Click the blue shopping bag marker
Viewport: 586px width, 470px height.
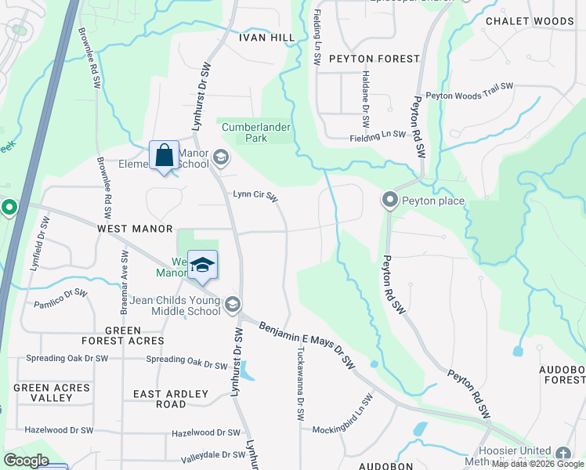point(164,155)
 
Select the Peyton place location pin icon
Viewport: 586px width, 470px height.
point(390,201)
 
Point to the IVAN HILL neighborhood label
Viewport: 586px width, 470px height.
point(266,38)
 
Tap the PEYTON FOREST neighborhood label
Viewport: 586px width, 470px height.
point(369,58)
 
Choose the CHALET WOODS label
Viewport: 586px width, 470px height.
point(529,21)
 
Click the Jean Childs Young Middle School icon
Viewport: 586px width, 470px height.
point(232,303)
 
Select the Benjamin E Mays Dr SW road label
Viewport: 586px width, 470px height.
point(307,345)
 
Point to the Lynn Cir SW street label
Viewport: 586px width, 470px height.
point(255,197)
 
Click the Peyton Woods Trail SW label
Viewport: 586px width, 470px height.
point(469,91)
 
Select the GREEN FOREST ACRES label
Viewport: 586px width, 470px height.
point(123,335)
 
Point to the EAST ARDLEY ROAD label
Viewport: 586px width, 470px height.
point(171,399)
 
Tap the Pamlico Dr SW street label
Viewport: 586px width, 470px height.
point(61,298)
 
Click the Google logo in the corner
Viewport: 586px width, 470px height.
point(26,461)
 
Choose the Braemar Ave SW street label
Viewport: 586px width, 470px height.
point(124,278)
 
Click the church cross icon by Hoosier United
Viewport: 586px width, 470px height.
point(562,454)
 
